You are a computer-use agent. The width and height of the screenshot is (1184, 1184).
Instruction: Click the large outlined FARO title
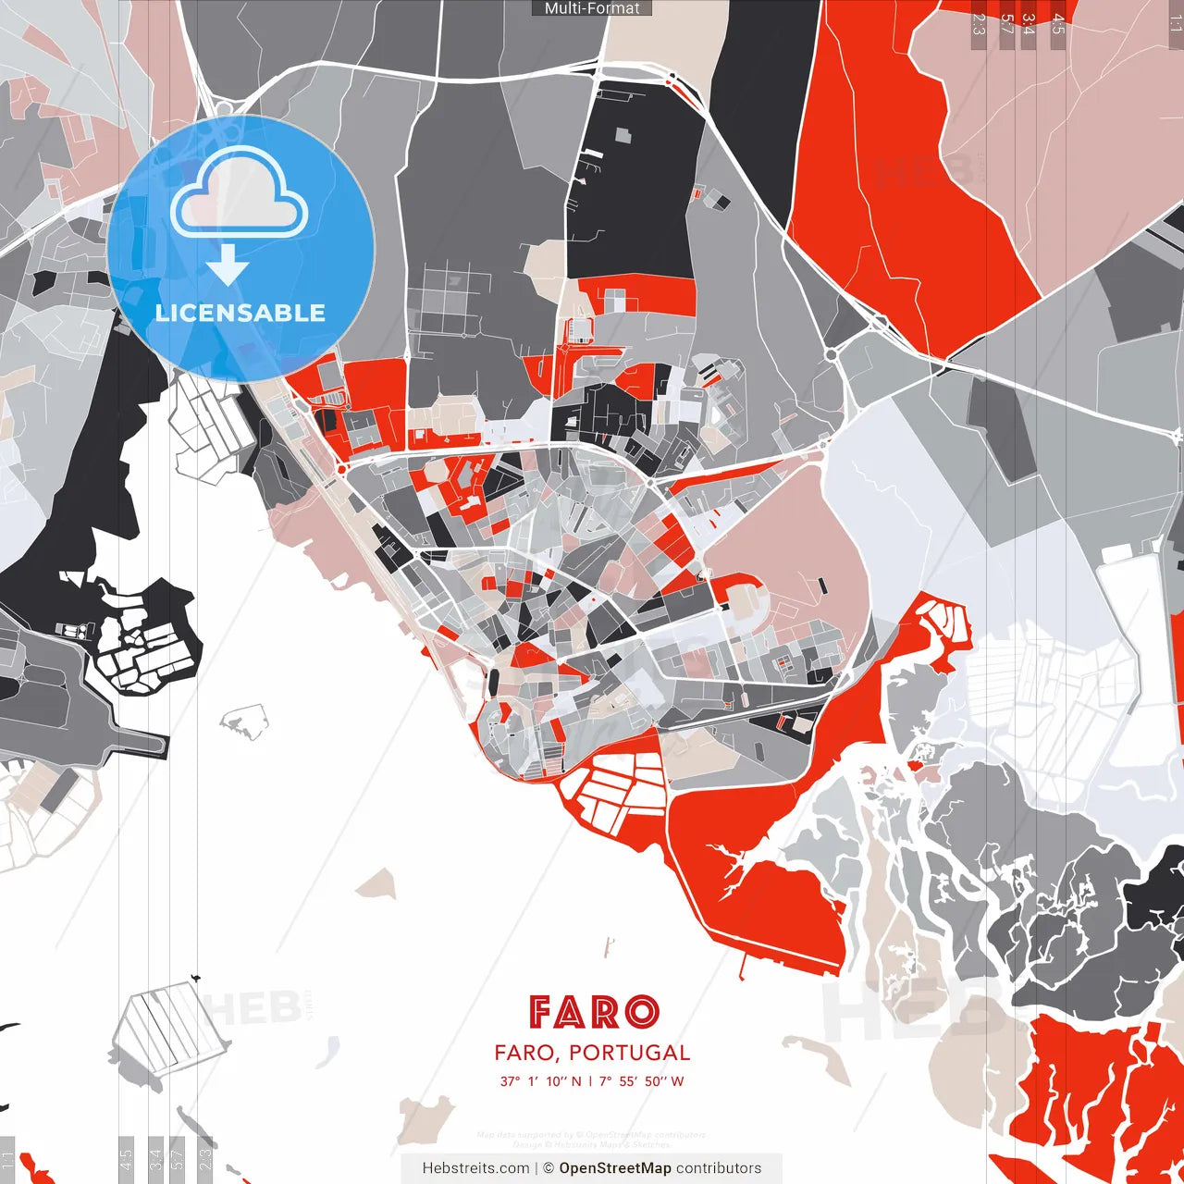[593, 1012]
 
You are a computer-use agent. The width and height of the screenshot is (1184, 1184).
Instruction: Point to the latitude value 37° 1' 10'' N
[540, 1081]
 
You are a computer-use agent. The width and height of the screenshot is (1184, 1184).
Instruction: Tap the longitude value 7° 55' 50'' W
[641, 1081]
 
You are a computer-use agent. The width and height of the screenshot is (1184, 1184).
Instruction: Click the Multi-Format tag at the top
[592, 8]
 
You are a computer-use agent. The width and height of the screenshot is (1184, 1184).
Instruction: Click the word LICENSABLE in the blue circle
[240, 313]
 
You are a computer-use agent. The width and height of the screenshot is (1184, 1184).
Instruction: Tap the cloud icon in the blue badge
[240, 195]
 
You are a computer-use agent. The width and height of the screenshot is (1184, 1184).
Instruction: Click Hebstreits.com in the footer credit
[475, 1168]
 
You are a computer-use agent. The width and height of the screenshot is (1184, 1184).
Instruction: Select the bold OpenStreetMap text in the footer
[615, 1168]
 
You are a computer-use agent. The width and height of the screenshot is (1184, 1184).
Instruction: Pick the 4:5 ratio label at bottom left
[126, 1158]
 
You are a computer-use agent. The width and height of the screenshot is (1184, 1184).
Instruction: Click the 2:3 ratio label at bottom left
[205, 1158]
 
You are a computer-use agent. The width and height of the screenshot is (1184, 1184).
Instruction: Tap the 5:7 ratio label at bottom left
[178, 1158]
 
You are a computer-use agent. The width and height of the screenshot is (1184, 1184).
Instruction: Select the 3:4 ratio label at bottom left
[155, 1158]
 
